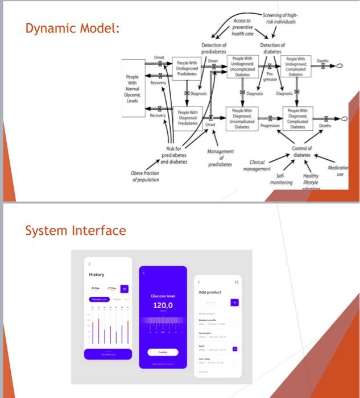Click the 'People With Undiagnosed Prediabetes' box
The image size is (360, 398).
point(187,70)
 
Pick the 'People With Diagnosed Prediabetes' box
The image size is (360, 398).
point(187,118)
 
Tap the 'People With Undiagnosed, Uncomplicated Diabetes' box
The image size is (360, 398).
point(242,68)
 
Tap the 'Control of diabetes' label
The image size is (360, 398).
point(302,152)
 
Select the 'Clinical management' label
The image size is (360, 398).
point(257,165)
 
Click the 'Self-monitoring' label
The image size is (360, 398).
point(282,180)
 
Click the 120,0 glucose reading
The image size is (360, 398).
point(163,306)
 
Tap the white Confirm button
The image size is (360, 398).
point(163,352)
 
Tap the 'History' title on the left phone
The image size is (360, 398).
point(97,275)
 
